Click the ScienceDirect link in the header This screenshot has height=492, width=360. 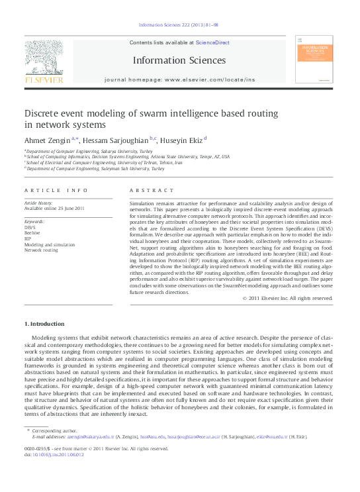[x=212, y=42]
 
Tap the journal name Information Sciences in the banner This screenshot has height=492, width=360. [x=180, y=60]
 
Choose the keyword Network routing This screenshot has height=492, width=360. [x=41, y=250]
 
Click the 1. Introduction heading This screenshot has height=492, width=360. [x=44, y=324]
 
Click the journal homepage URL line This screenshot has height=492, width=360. [x=179, y=79]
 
